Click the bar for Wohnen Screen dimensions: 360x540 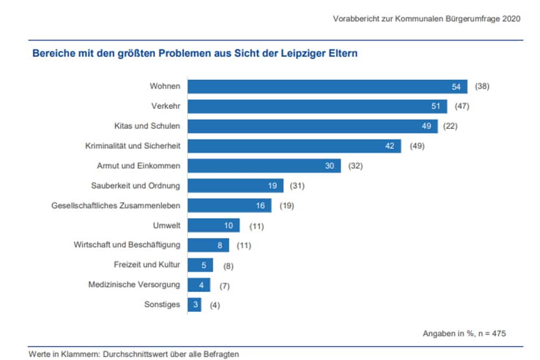(327, 86)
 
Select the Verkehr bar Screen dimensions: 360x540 (317, 106)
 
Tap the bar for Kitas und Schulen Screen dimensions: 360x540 (312, 126)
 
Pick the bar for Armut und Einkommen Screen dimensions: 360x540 (264, 166)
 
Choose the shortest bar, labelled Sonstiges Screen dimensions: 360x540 (194, 305)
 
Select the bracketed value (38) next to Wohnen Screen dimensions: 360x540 (482, 86)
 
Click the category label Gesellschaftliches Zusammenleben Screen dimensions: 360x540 (116, 206)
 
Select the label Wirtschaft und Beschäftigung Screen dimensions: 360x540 (127, 245)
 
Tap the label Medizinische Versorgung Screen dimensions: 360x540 (134, 284)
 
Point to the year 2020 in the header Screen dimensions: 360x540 (511, 18)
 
